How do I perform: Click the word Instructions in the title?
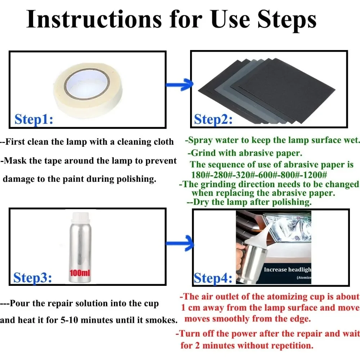(x=94, y=19)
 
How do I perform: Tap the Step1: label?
(x=34, y=119)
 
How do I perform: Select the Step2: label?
(x=213, y=120)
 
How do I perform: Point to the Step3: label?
(x=33, y=278)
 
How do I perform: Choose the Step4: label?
(x=213, y=278)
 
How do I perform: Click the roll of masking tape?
(x=87, y=90)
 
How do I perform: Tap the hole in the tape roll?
(x=86, y=84)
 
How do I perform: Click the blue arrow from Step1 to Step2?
(x=179, y=85)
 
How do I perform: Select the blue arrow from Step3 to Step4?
(x=180, y=243)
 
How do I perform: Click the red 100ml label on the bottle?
(x=80, y=273)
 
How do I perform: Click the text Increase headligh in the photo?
(x=287, y=270)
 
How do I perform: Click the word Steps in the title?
(x=287, y=20)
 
